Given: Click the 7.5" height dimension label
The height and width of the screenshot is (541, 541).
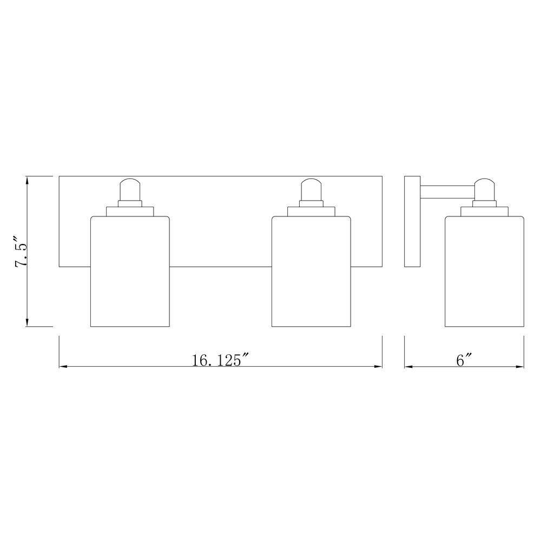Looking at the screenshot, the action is [x=21, y=252].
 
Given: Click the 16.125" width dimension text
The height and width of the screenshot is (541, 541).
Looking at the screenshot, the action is [x=221, y=360].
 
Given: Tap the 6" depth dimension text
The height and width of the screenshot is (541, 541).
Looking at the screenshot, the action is [x=464, y=360].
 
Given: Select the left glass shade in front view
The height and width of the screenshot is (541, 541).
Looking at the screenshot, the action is [x=130, y=271].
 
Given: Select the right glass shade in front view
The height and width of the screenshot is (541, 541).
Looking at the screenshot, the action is [x=311, y=271].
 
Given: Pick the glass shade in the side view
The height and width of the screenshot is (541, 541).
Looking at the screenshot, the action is [x=484, y=271].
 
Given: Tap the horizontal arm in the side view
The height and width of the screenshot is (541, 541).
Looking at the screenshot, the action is [x=447, y=192].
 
